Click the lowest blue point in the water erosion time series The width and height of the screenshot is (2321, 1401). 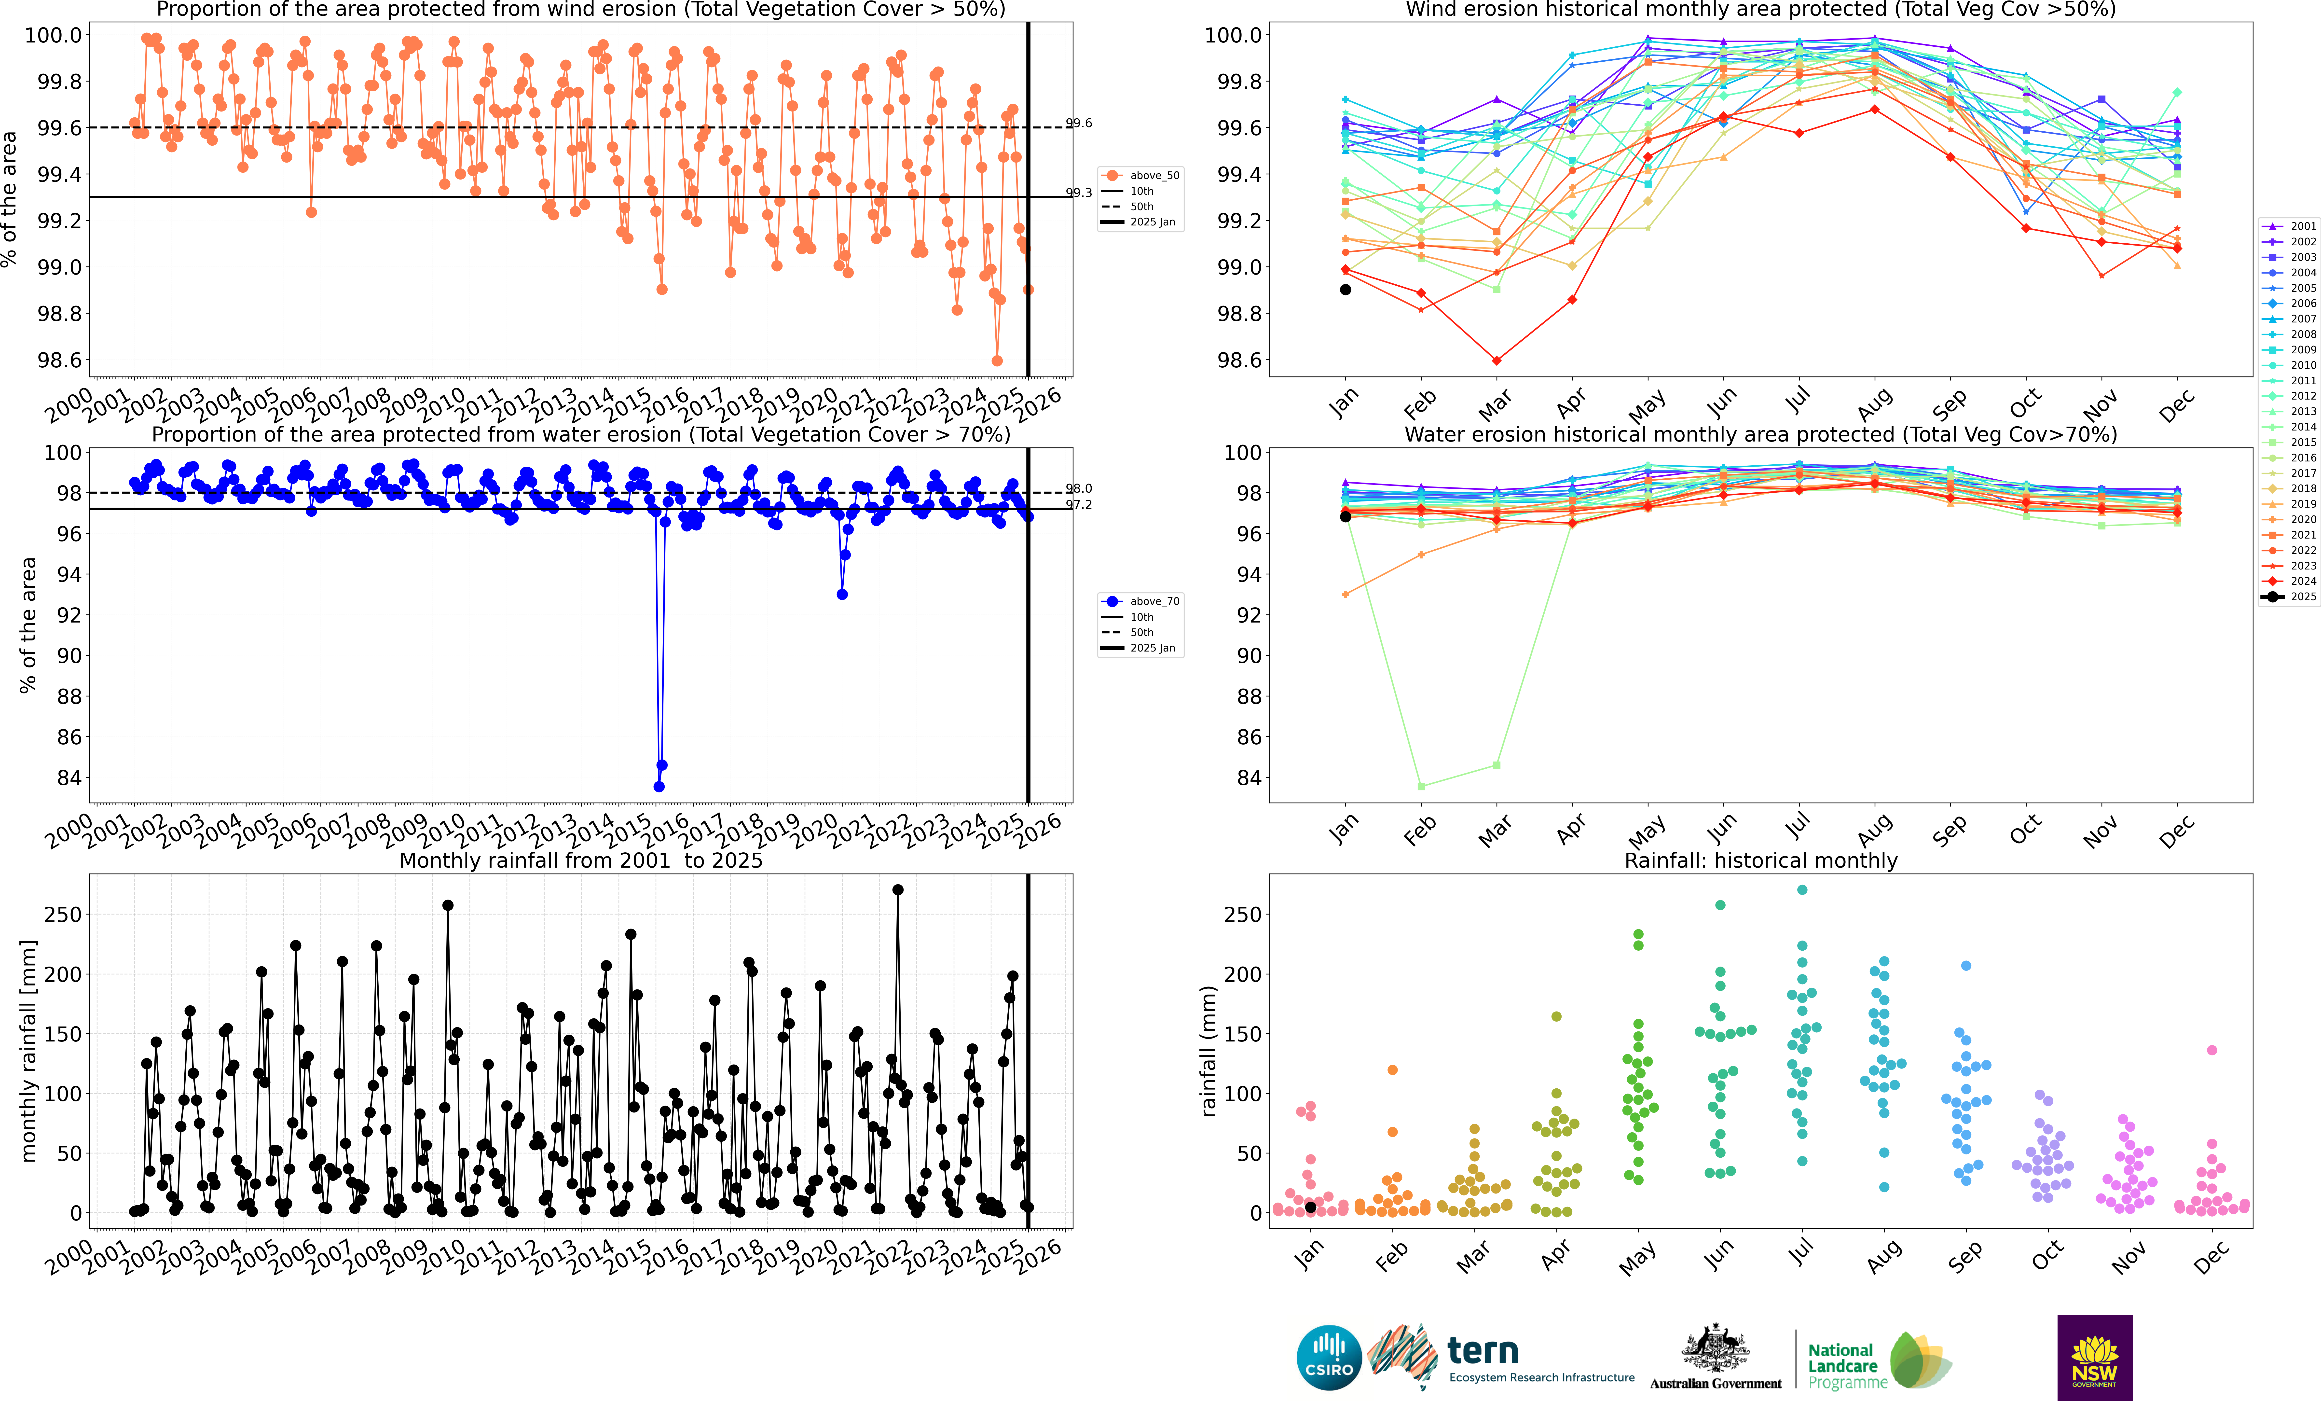tap(659, 787)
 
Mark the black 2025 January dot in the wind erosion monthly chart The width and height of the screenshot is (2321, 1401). tap(1345, 290)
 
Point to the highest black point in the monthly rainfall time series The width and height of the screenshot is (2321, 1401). tap(898, 889)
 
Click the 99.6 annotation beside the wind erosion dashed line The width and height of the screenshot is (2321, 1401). tap(1079, 124)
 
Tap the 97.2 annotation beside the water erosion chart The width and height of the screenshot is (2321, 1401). tap(1079, 505)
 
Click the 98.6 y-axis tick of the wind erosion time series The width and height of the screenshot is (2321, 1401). tap(59, 360)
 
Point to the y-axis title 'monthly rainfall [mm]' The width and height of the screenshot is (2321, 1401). tap(28, 1051)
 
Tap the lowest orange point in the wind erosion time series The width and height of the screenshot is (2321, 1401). tap(997, 361)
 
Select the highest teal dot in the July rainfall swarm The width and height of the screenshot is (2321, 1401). tap(1802, 889)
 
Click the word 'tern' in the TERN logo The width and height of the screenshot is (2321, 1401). tap(1483, 1351)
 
